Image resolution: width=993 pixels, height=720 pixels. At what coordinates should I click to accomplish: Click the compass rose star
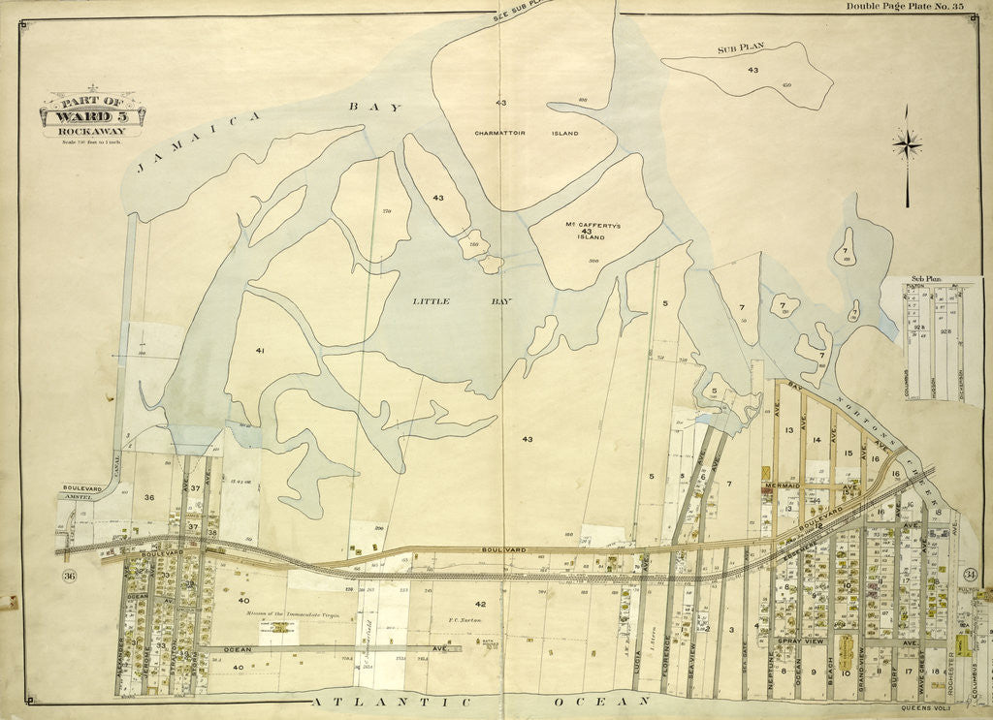tap(907, 146)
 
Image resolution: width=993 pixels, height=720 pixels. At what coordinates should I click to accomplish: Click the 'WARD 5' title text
tap(92, 116)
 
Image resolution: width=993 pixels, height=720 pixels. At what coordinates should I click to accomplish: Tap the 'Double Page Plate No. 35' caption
tap(903, 7)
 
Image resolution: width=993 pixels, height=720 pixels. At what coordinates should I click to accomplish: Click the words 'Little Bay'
tap(462, 301)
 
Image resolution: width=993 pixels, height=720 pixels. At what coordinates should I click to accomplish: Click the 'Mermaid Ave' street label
tap(781, 485)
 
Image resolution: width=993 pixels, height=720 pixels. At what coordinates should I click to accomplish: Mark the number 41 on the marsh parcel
tap(260, 350)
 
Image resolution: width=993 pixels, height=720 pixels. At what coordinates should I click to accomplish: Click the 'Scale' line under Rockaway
tap(90, 141)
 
